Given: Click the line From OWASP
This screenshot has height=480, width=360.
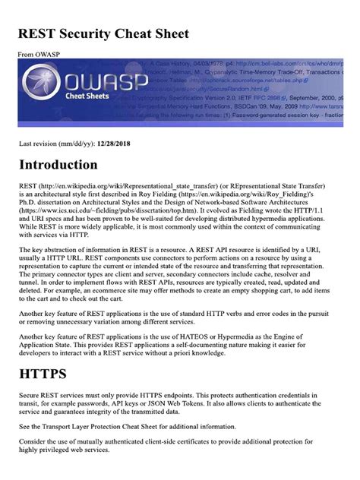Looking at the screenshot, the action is [x=37, y=55].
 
